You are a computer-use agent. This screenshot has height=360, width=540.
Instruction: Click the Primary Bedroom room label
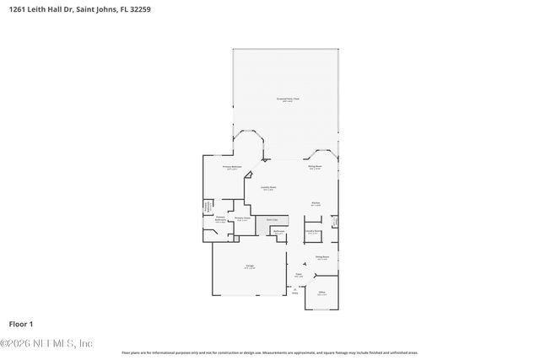pos(233,168)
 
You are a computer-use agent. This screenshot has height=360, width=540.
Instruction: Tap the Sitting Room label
pos(314,168)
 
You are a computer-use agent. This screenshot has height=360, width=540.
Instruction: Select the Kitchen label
pos(315,204)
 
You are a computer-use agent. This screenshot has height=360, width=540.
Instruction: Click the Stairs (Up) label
pos(272,218)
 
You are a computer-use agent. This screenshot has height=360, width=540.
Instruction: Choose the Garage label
pos(250,266)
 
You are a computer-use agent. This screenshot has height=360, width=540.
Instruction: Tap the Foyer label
pos(298,274)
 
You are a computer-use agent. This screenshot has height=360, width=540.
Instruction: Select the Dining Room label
pos(321,258)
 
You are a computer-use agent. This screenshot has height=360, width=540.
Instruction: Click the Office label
pos(321,293)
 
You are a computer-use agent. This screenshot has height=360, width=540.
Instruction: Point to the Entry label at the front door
pos(295,293)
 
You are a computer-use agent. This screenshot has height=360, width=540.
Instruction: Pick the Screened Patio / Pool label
pos(288,99)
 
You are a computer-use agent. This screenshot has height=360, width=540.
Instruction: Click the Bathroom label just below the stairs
pos(278,232)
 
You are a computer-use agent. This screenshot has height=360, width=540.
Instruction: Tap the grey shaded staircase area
pos(273,220)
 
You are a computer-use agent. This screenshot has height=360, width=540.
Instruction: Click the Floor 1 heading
pos(20,324)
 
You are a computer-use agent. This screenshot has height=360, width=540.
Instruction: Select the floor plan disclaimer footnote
pos(270,352)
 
